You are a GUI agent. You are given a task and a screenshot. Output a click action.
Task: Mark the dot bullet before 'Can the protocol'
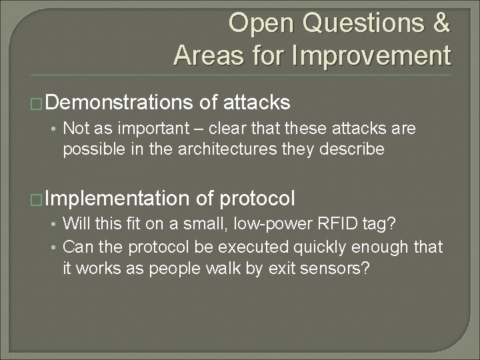pos(55,248)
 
